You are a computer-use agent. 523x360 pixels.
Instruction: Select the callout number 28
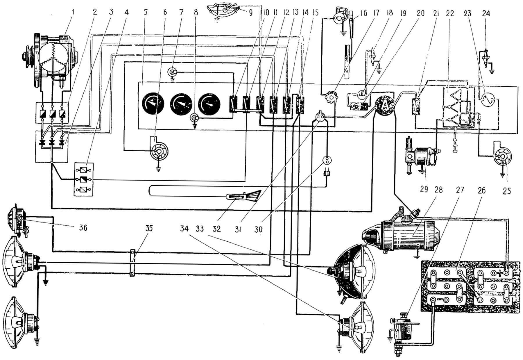pyautogui.click(x=438, y=190)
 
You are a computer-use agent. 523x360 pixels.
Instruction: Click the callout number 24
pyautogui.click(x=486, y=13)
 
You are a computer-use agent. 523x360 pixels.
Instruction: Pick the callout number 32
pyautogui.click(x=217, y=229)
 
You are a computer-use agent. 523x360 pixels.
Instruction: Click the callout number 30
pyautogui.click(x=258, y=229)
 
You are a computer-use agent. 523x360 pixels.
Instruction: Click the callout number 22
pyautogui.click(x=450, y=13)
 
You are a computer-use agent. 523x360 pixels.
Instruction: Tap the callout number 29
pyautogui.click(x=424, y=190)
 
